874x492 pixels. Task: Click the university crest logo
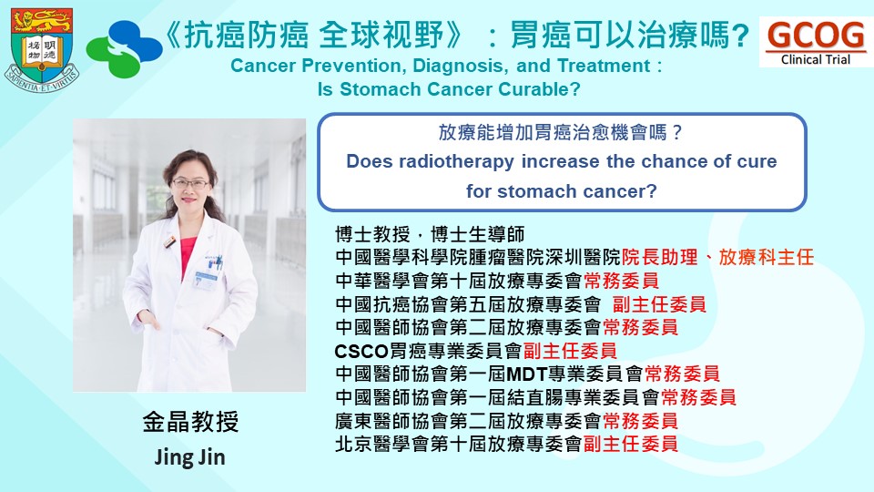(42, 49)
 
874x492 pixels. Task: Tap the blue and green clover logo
(125, 49)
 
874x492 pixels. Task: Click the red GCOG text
(816, 35)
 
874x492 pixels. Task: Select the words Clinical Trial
(816, 60)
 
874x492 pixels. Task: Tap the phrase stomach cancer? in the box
(577, 191)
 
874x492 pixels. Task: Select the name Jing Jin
(190, 457)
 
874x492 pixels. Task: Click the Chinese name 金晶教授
(190, 422)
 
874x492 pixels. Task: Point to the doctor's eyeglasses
(190, 183)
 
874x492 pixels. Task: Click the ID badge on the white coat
(205, 280)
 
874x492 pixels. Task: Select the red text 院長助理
(659, 257)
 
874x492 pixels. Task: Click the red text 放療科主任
(767, 257)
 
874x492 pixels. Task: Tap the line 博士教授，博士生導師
(430, 234)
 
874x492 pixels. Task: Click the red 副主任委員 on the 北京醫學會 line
(630, 444)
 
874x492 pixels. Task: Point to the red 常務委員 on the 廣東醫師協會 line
(640, 421)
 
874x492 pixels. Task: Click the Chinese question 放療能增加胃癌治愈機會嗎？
(562, 132)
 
